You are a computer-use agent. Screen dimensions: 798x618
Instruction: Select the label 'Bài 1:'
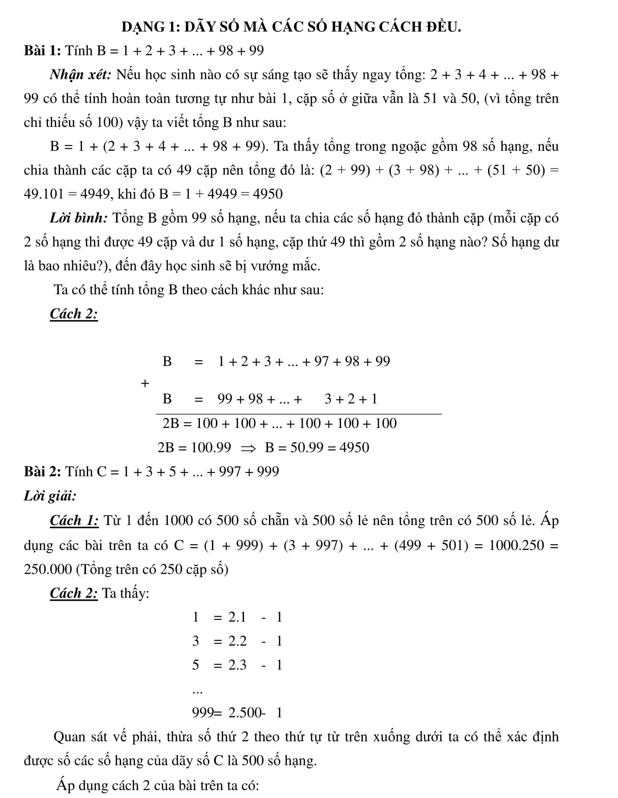[x=42, y=51]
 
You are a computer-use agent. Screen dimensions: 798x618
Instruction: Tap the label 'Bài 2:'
[x=42, y=471]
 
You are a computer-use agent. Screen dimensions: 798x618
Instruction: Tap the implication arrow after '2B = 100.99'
[x=248, y=448]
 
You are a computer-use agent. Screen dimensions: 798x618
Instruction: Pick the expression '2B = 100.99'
[x=195, y=448]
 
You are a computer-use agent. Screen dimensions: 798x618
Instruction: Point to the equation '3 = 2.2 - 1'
[x=237, y=641]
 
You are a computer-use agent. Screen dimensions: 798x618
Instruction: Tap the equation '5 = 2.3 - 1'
[x=237, y=665]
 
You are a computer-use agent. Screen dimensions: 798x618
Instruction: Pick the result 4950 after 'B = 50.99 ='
[x=354, y=448]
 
